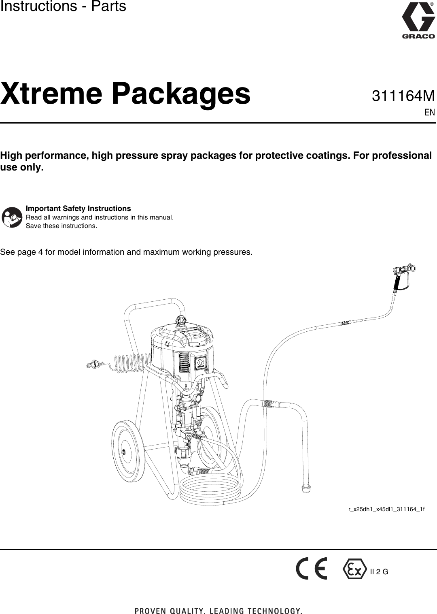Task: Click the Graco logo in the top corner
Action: point(418,20)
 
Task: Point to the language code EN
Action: point(430,113)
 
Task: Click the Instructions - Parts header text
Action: point(63,7)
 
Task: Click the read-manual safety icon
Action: point(12,217)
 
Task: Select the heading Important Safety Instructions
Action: point(78,209)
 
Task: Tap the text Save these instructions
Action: point(62,226)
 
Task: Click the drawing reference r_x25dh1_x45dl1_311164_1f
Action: point(386,509)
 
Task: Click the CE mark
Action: point(311,569)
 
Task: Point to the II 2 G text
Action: point(379,572)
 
